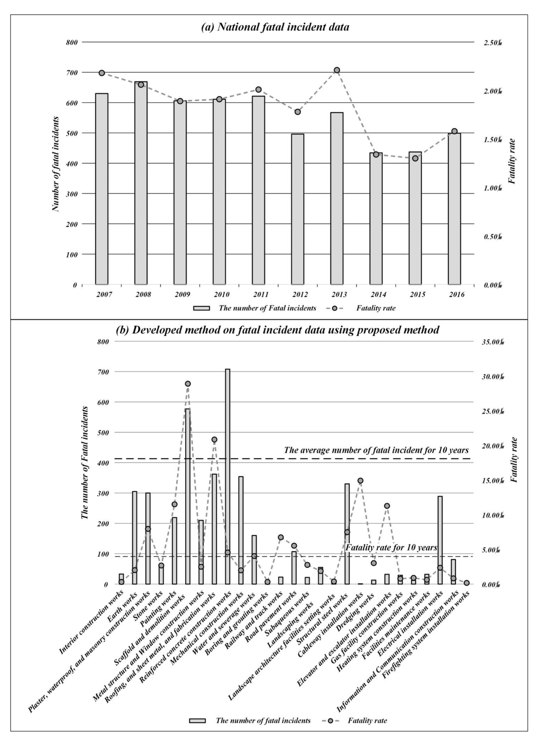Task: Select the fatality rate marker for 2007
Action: pos(102,73)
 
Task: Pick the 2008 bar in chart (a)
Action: pos(141,183)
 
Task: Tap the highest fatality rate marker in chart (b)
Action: pos(188,384)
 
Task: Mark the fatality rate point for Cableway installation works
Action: pos(360,481)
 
